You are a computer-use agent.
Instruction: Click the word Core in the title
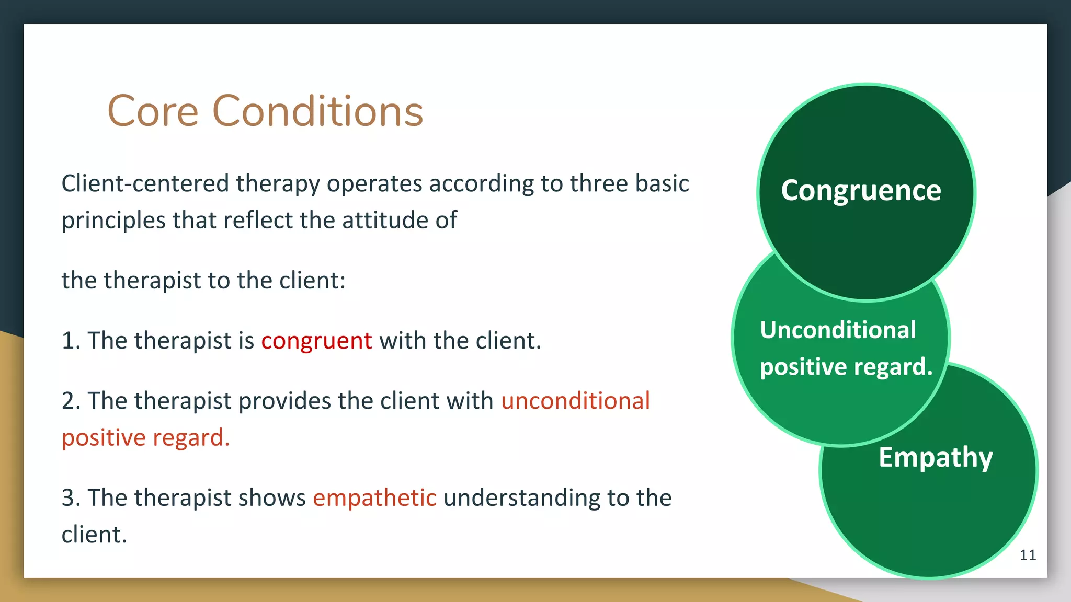coord(153,111)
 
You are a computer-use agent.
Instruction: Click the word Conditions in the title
coord(317,111)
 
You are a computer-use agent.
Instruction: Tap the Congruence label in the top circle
coord(861,190)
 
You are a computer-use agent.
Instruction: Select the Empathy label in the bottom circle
coord(935,458)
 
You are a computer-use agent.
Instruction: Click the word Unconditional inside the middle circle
coord(838,330)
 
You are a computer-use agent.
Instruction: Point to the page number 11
coord(1028,555)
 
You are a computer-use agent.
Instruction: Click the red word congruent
coord(316,341)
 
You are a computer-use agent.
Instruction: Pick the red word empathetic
coord(374,497)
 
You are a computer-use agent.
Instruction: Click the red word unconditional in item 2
coord(575,401)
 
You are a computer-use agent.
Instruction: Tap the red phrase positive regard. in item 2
coord(146,438)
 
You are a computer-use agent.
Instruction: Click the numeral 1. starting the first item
coord(71,341)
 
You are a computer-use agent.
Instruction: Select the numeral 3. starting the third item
coord(71,497)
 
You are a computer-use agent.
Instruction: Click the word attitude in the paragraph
coord(384,221)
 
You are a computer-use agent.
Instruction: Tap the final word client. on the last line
coord(94,535)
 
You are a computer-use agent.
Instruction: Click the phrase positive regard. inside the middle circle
coord(846,367)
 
